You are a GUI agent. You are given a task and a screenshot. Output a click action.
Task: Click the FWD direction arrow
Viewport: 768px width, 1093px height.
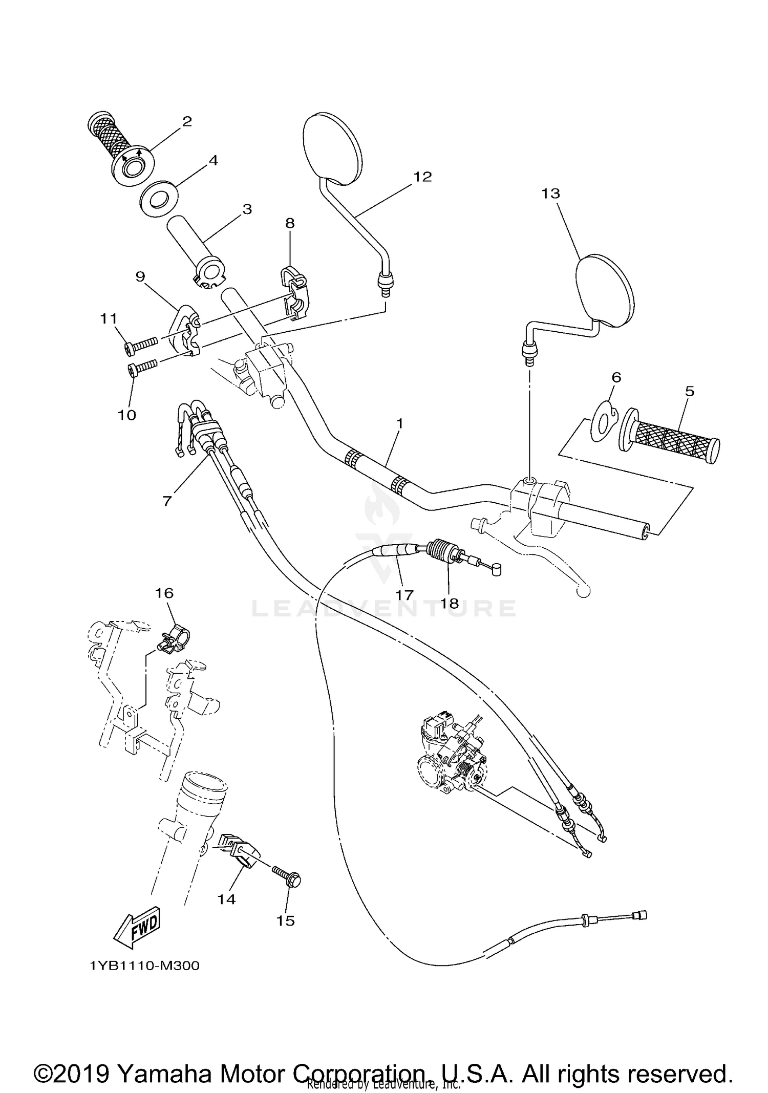click(x=137, y=929)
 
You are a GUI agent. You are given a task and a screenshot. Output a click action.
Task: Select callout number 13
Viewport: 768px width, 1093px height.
click(x=550, y=194)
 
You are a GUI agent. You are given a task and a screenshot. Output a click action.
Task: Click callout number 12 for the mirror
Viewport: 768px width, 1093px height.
click(x=422, y=177)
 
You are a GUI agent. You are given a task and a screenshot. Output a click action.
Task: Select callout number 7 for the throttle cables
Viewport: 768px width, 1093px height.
click(x=167, y=500)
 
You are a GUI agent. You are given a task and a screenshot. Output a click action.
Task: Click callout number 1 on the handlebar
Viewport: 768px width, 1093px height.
click(x=399, y=424)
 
